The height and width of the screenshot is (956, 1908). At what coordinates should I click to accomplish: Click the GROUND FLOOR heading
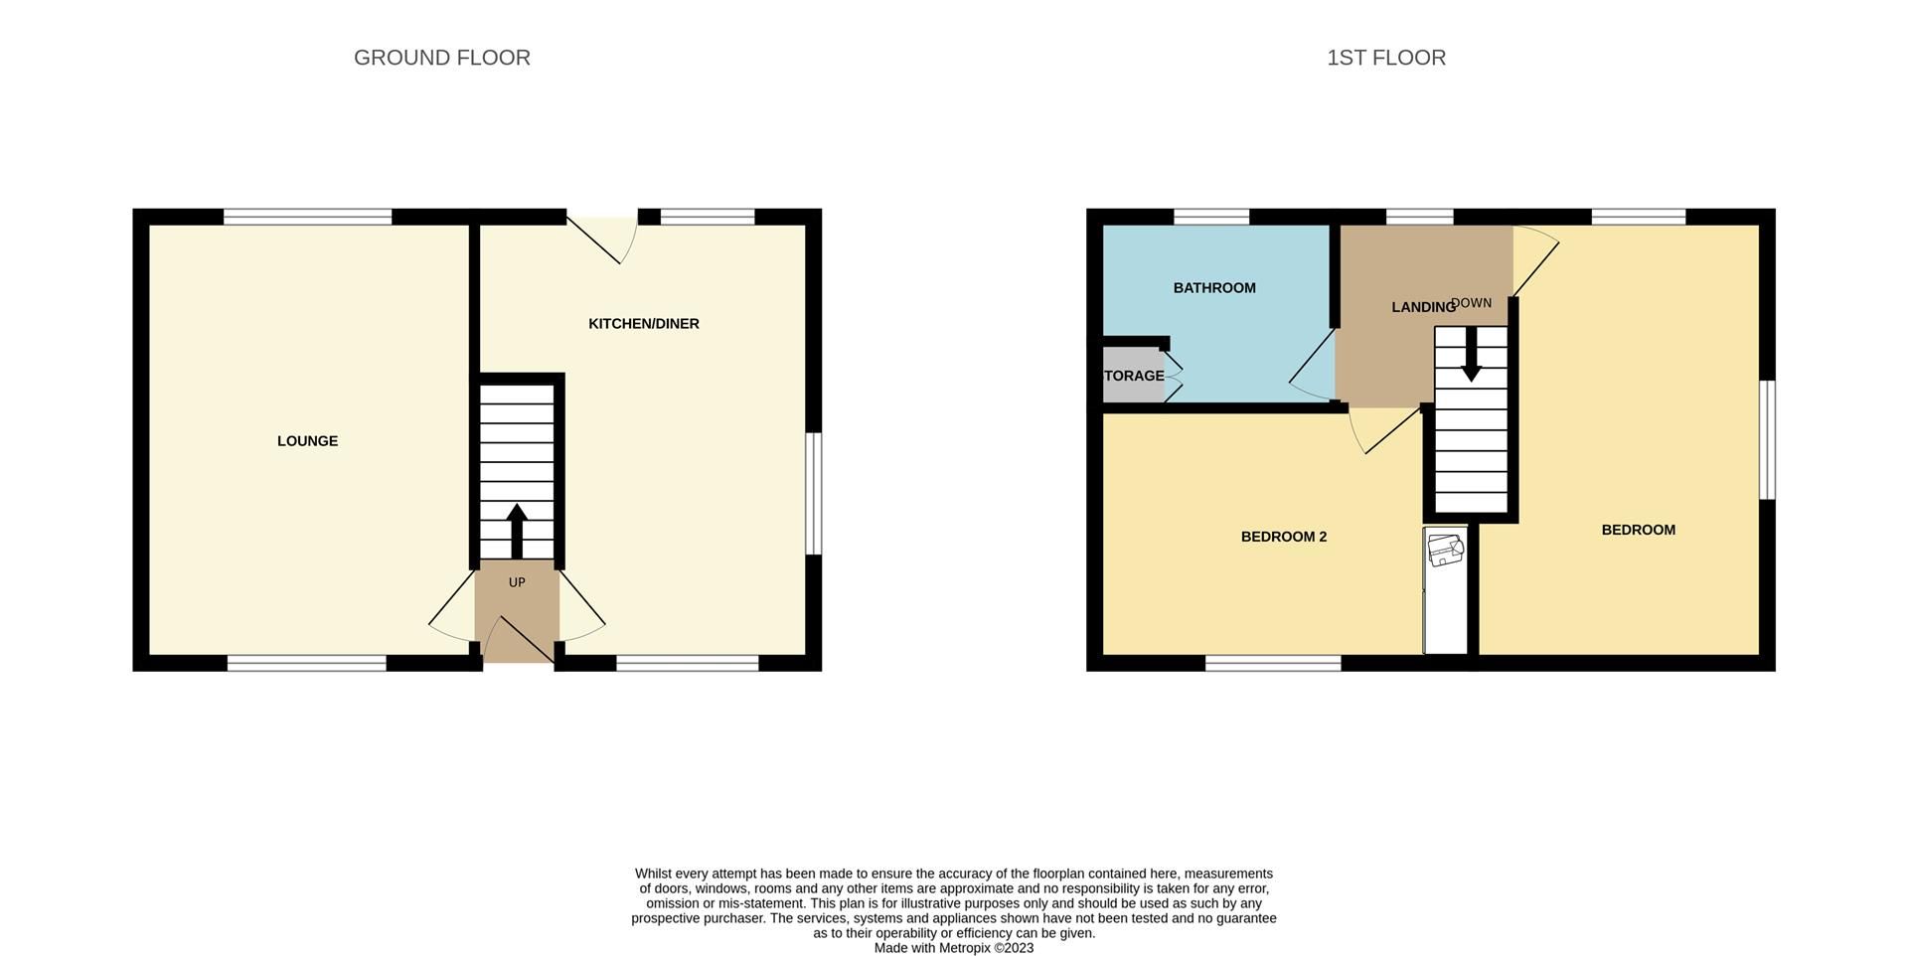pos(441,58)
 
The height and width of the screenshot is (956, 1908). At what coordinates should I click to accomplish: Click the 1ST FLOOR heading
pos(1385,58)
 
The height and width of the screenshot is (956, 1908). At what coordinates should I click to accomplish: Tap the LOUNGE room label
pos(307,441)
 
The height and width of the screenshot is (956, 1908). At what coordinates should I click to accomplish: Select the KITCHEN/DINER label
pos(643,324)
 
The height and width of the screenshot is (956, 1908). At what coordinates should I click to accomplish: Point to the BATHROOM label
pos(1213,288)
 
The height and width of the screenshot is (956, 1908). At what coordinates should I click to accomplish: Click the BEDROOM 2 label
pos(1283,537)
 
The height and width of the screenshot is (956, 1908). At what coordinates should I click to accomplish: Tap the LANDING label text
pos(1421,307)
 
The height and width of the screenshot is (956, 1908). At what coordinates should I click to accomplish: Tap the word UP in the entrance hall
pos(517,582)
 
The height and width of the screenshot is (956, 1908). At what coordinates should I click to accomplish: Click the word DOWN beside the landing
pos(1473,303)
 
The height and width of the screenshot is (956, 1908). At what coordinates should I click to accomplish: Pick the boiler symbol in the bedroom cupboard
pos(1444,549)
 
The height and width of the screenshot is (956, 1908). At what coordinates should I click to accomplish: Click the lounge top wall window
pos(307,217)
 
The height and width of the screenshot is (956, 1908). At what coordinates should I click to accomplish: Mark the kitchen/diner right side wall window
pos(813,493)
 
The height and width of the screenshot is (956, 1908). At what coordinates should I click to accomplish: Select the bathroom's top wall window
pos(1210,217)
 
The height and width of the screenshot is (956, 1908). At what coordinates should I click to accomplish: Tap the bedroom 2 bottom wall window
pos(1272,663)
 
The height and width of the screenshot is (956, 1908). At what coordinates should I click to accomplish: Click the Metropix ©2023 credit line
pos(953,948)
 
